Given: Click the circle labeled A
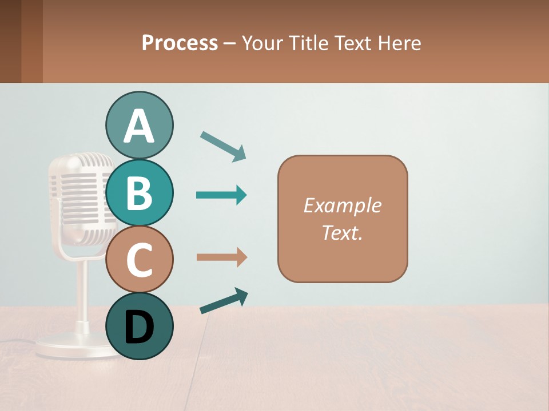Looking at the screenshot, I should (x=139, y=125).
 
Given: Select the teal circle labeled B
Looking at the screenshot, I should (x=139, y=192).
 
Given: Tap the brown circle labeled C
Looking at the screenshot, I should (x=139, y=260).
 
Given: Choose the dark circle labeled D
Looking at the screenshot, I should (x=139, y=327).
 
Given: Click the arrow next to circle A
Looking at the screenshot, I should (x=223, y=146).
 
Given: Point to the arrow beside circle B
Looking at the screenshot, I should (x=221, y=195).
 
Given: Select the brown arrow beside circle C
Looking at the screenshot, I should (x=221, y=257).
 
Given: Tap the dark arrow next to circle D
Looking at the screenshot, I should (x=224, y=301).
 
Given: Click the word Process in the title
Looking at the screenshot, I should (x=180, y=43).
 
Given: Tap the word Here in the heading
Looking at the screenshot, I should (x=400, y=43).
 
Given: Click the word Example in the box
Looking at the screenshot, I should (x=342, y=205).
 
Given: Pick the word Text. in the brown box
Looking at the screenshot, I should (x=342, y=232).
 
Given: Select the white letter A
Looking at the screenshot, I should (x=139, y=126).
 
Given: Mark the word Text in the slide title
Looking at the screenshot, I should (x=354, y=43).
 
